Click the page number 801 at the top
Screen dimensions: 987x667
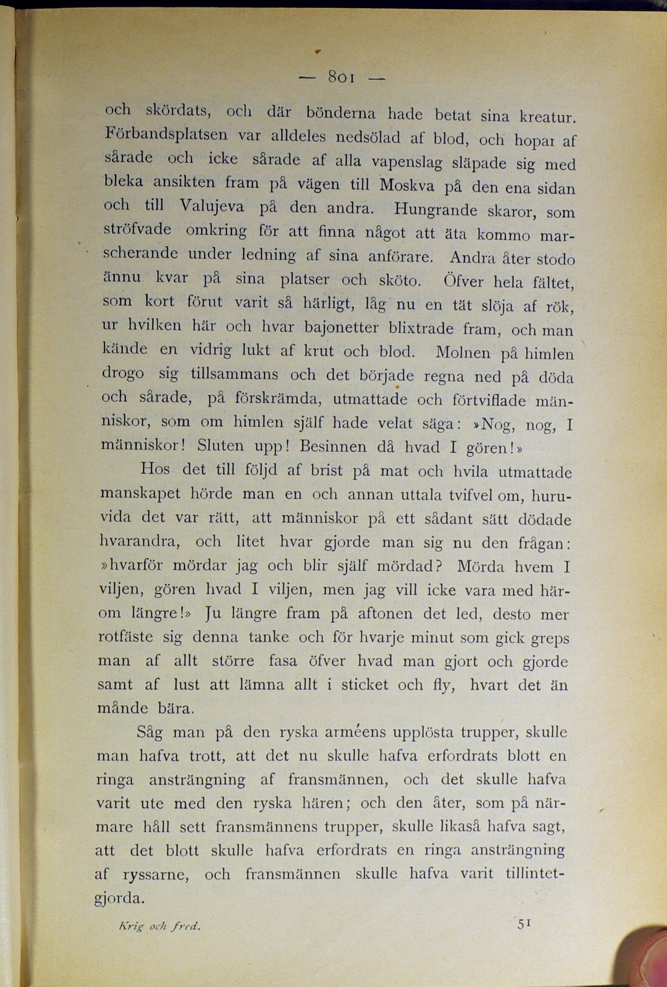(342, 78)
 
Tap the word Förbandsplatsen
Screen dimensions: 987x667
(166, 135)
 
